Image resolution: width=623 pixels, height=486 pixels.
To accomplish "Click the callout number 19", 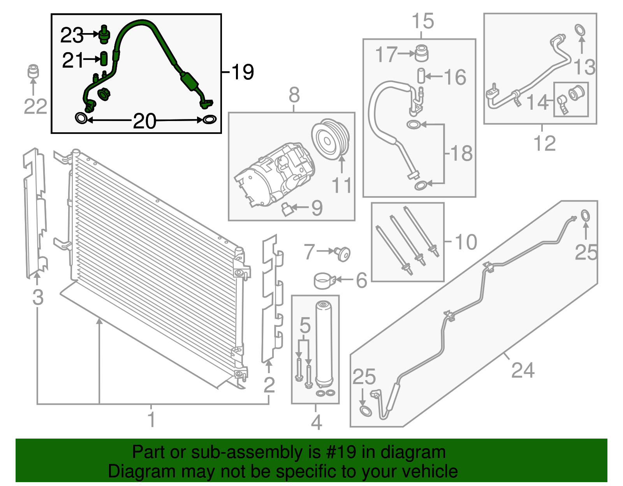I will point(242,72).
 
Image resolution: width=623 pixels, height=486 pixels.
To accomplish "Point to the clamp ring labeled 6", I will point(324,281).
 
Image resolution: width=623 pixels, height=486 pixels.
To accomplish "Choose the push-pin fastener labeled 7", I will point(343,254).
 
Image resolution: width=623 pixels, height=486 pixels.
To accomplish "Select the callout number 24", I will point(523,370).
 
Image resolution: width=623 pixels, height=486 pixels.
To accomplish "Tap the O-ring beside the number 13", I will point(580,30).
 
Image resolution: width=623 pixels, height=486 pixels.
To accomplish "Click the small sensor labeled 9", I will point(287,209).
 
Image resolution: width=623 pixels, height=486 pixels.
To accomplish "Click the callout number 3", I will point(37,298).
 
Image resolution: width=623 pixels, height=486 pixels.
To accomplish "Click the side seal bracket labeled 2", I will point(270,300).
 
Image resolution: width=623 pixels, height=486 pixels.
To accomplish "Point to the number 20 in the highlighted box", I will point(144,121).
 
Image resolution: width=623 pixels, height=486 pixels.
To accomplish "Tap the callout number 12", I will point(544,144).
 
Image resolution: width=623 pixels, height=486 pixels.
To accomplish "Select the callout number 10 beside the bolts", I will point(465,242).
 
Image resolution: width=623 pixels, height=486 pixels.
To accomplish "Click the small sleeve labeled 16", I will point(421,75).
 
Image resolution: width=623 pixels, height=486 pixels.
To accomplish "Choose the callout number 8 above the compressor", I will point(294,95).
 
